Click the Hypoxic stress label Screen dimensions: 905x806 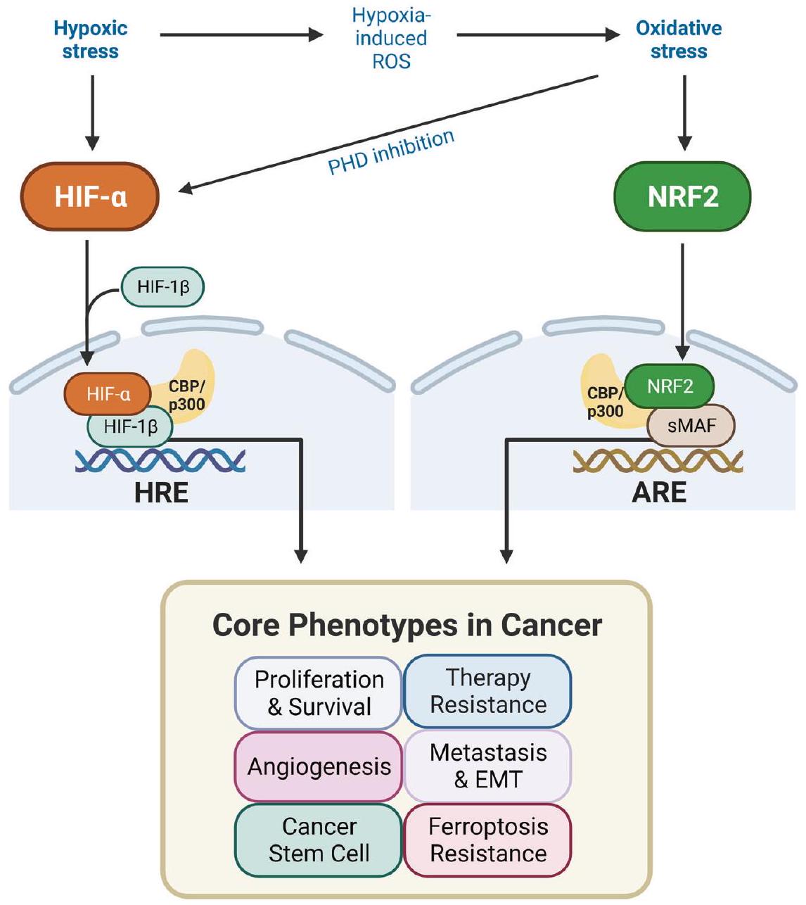pyautogui.click(x=91, y=39)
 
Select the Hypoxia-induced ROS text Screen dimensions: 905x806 pyautogui.click(x=391, y=38)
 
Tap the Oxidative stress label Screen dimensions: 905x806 pyautogui.click(x=679, y=39)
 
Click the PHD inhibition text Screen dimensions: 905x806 pyautogui.click(x=391, y=152)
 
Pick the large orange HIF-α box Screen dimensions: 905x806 pyautogui.click(x=90, y=197)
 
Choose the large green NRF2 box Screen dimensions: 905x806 pyautogui.click(x=682, y=197)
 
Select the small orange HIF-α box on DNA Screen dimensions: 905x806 pyautogui.click(x=108, y=394)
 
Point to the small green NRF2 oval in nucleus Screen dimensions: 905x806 pyautogui.click(x=670, y=386)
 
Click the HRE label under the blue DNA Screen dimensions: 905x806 pyautogui.click(x=161, y=493)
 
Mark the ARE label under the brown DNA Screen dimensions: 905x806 pyautogui.click(x=659, y=493)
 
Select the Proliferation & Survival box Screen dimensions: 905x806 pyautogui.click(x=319, y=692)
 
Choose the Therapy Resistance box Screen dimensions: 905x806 pyautogui.click(x=488, y=691)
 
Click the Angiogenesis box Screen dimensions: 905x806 pyautogui.click(x=319, y=766)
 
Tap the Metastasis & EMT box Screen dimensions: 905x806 pyautogui.click(x=488, y=766)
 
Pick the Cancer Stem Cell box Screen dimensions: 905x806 pyautogui.click(x=319, y=840)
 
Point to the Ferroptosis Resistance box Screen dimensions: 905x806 pyautogui.click(x=488, y=840)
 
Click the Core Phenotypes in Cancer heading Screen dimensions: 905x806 pyautogui.click(x=407, y=625)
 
